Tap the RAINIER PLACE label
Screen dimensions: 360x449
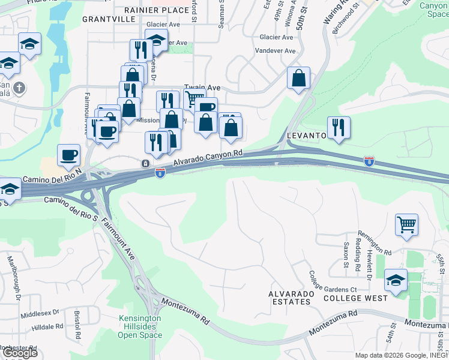pyautogui.click(x=157, y=10)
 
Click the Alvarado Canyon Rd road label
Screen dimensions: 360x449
pyautogui.click(x=208, y=158)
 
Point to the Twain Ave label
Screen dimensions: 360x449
pyautogui.click(x=202, y=88)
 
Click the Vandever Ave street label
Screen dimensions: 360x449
pyautogui.click(x=275, y=52)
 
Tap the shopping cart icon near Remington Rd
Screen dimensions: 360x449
pyautogui.click(x=406, y=224)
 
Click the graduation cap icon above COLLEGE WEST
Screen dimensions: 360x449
pyautogui.click(x=396, y=280)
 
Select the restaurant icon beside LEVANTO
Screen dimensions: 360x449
pyautogui.click(x=339, y=127)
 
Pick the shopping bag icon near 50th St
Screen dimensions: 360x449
pyautogui.click(x=298, y=78)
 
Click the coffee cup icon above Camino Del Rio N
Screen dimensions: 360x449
pyautogui.click(x=68, y=155)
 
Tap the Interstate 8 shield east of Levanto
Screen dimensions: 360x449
pyautogui.click(x=369, y=161)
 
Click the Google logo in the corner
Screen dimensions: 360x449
pyautogui.click(x=19, y=353)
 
